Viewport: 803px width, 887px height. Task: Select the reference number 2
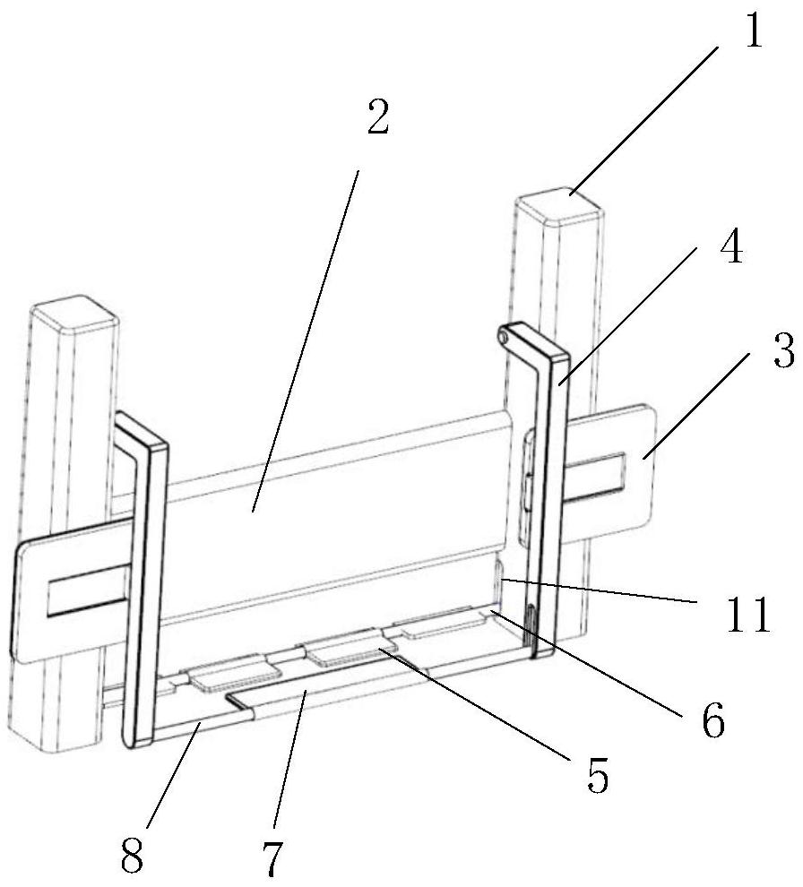[x=378, y=116]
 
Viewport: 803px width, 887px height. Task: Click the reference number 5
[x=598, y=774]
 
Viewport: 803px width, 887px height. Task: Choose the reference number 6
[x=713, y=719]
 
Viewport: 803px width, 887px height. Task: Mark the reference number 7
[x=272, y=857]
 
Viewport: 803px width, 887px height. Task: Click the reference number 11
[x=748, y=613]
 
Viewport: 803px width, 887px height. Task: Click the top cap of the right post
[x=558, y=206]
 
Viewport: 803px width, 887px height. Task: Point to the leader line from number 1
[x=644, y=120]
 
